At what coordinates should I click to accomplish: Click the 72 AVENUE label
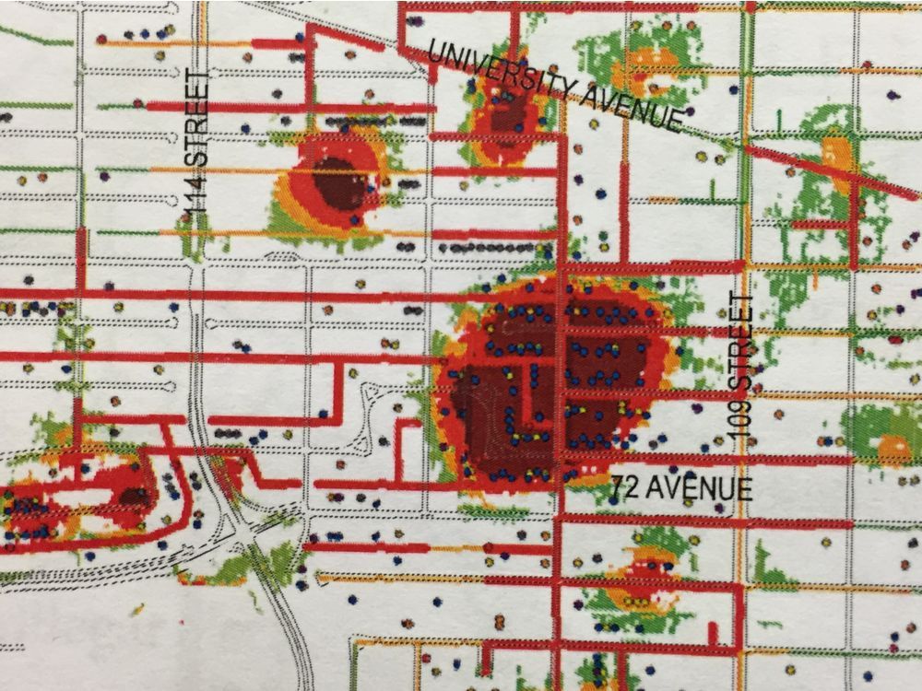tap(680, 487)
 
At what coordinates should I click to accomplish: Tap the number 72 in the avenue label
tap(623, 486)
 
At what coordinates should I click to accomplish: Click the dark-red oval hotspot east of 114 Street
tap(336, 182)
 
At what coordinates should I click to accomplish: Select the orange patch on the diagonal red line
tap(837, 154)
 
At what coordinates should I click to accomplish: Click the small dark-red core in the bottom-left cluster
tap(135, 497)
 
